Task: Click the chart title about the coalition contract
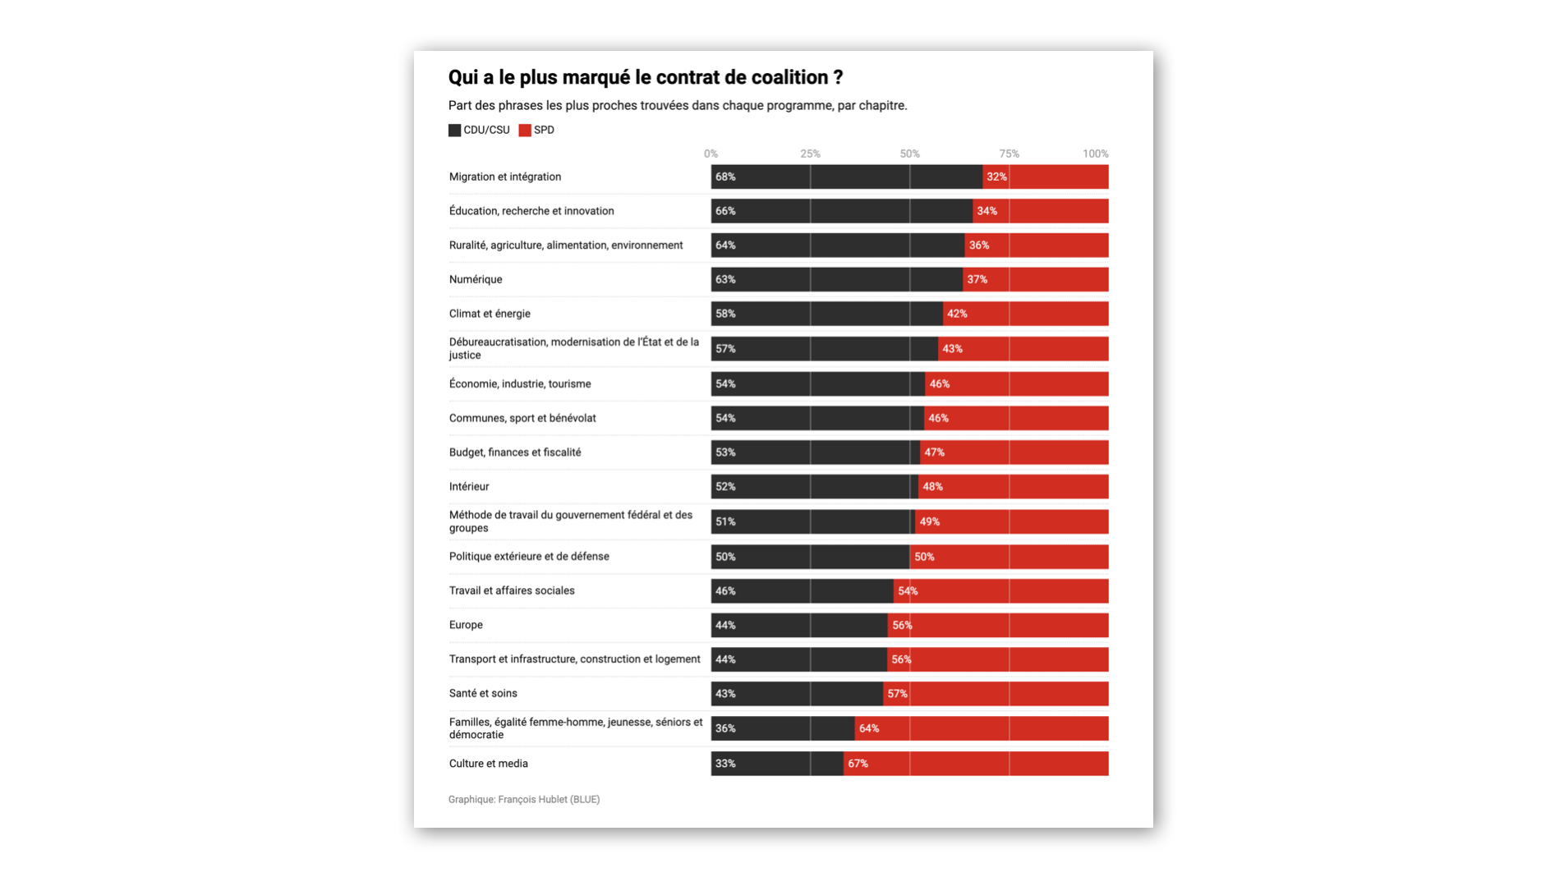[x=645, y=77]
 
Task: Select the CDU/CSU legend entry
[x=479, y=130]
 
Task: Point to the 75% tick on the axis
[x=1009, y=154]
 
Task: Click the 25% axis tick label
[x=810, y=154]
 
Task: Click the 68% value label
[x=725, y=177]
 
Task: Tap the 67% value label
[x=858, y=764]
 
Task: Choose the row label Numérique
[x=476, y=279]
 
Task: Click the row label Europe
[x=466, y=625]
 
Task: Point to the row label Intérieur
[x=469, y=486]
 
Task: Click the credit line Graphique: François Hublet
[x=524, y=799]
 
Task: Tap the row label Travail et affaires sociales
[x=512, y=590]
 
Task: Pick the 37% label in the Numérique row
[x=977, y=279]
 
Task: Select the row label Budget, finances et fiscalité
[x=515, y=452]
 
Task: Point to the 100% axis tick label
[x=1095, y=154]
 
